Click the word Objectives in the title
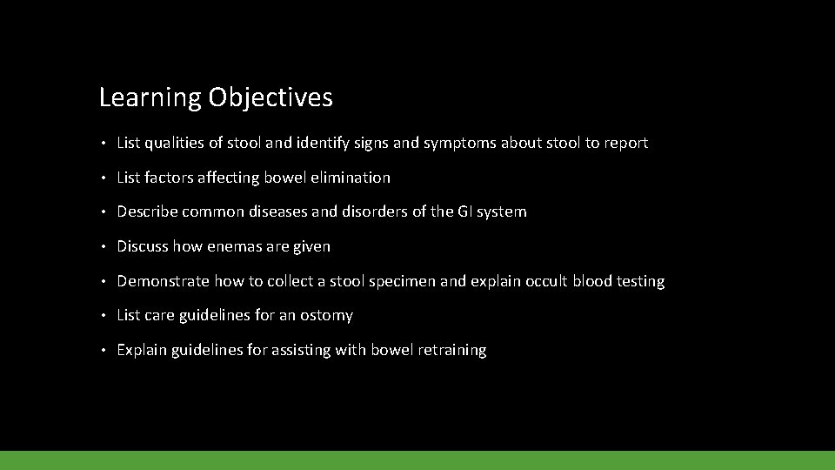click(x=271, y=97)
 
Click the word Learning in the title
click(x=150, y=97)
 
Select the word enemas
click(x=234, y=246)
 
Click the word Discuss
click(x=143, y=246)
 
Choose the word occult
click(x=544, y=281)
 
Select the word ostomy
click(x=325, y=315)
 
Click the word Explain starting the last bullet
click(x=141, y=350)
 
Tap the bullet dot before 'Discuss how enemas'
click(x=103, y=247)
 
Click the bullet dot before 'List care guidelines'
click(x=103, y=316)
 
